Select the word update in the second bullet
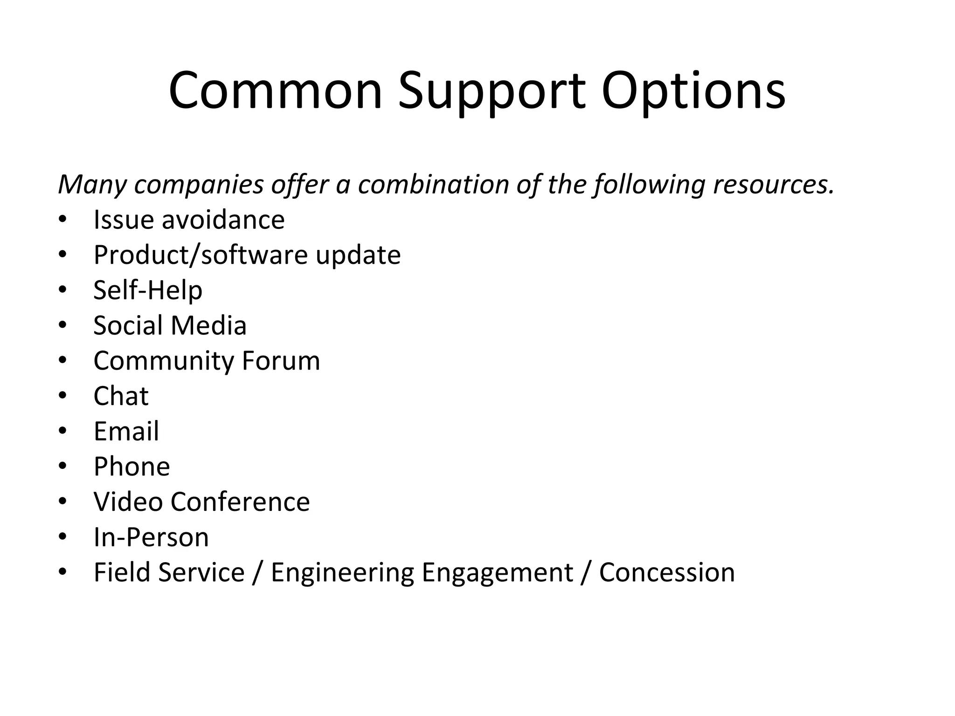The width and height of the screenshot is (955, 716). tap(358, 255)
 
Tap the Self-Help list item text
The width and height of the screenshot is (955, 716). tap(148, 290)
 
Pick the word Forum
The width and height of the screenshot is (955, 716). tap(281, 360)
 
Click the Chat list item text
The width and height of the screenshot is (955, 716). tap(121, 396)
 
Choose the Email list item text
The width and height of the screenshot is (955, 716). tap(126, 431)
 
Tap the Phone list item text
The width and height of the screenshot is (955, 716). tap(131, 466)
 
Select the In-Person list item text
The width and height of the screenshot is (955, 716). tap(151, 537)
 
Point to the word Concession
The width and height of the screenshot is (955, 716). tap(666, 572)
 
